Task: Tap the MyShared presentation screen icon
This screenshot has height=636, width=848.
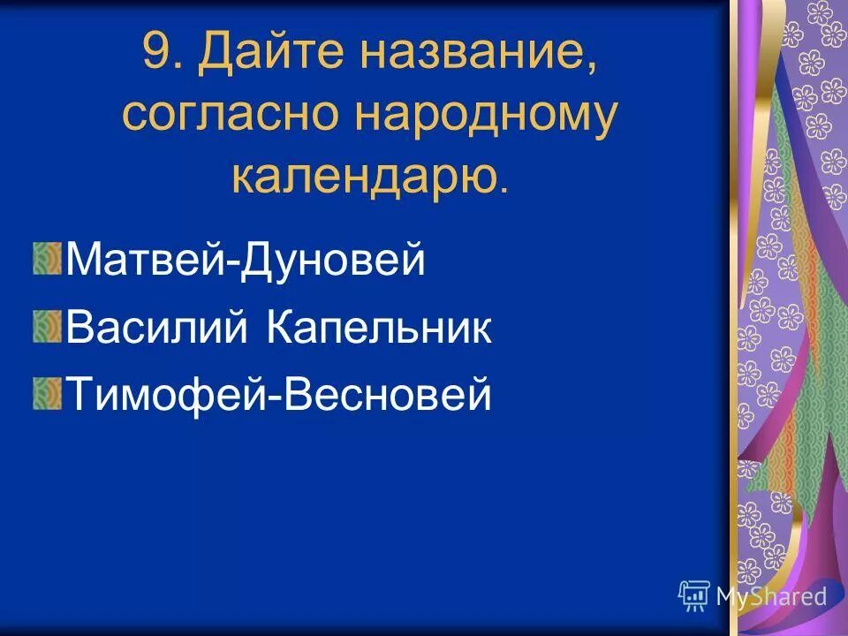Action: (x=694, y=596)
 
